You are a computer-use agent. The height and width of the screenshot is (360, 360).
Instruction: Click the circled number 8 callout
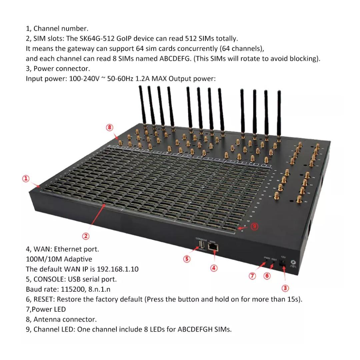coord(110,127)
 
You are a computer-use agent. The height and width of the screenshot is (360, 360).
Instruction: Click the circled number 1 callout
coord(26,179)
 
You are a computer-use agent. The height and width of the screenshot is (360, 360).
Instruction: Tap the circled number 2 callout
coord(86,236)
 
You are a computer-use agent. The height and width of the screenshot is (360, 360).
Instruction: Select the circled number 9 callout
coord(254,226)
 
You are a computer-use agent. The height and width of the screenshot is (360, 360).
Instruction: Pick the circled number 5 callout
coord(187,259)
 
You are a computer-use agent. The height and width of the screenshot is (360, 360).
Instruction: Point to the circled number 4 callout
coord(214,268)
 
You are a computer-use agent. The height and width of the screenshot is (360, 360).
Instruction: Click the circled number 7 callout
coord(253,276)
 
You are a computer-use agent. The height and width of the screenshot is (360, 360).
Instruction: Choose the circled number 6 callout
coord(267,276)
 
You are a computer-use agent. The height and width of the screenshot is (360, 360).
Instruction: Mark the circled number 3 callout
coord(285,288)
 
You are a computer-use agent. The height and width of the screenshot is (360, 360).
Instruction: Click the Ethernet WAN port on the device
coord(213,247)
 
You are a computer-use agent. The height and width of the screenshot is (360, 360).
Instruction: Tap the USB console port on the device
coord(201,246)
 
